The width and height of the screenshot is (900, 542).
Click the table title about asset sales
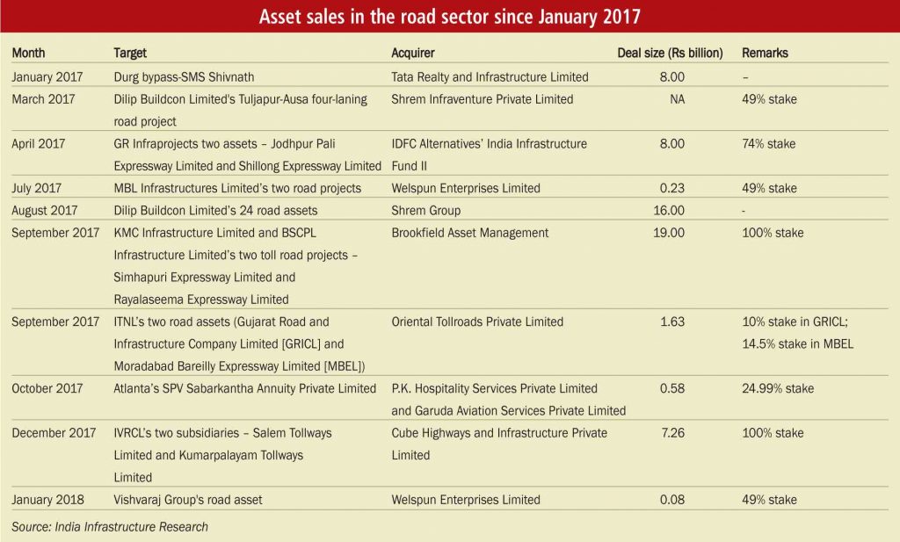click(x=449, y=18)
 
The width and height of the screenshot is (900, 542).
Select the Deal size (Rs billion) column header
click(x=670, y=54)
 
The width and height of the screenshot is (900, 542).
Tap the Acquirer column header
click(x=413, y=54)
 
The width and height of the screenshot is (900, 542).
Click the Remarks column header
click(x=765, y=54)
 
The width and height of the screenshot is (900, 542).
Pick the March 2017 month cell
click(x=45, y=99)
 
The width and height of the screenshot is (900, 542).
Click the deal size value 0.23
click(x=671, y=188)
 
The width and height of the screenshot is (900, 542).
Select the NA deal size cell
click(x=677, y=99)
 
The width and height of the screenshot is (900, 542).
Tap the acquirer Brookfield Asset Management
click(x=469, y=233)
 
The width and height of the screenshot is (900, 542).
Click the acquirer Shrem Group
click(x=425, y=210)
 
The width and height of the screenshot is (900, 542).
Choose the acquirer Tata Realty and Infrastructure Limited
click(x=490, y=77)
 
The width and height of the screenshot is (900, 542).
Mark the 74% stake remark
click(x=769, y=143)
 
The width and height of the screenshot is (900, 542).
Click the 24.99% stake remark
click(x=778, y=388)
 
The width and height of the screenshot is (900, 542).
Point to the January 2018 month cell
click(x=48, y=500)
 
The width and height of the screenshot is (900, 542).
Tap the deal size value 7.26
click(x=671, y=433)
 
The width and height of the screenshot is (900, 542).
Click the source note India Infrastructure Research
click(x=110, y=526)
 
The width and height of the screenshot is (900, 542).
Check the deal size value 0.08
click(x=671, y=500)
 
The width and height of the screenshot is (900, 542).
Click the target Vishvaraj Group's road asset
click(x=188, y=500)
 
